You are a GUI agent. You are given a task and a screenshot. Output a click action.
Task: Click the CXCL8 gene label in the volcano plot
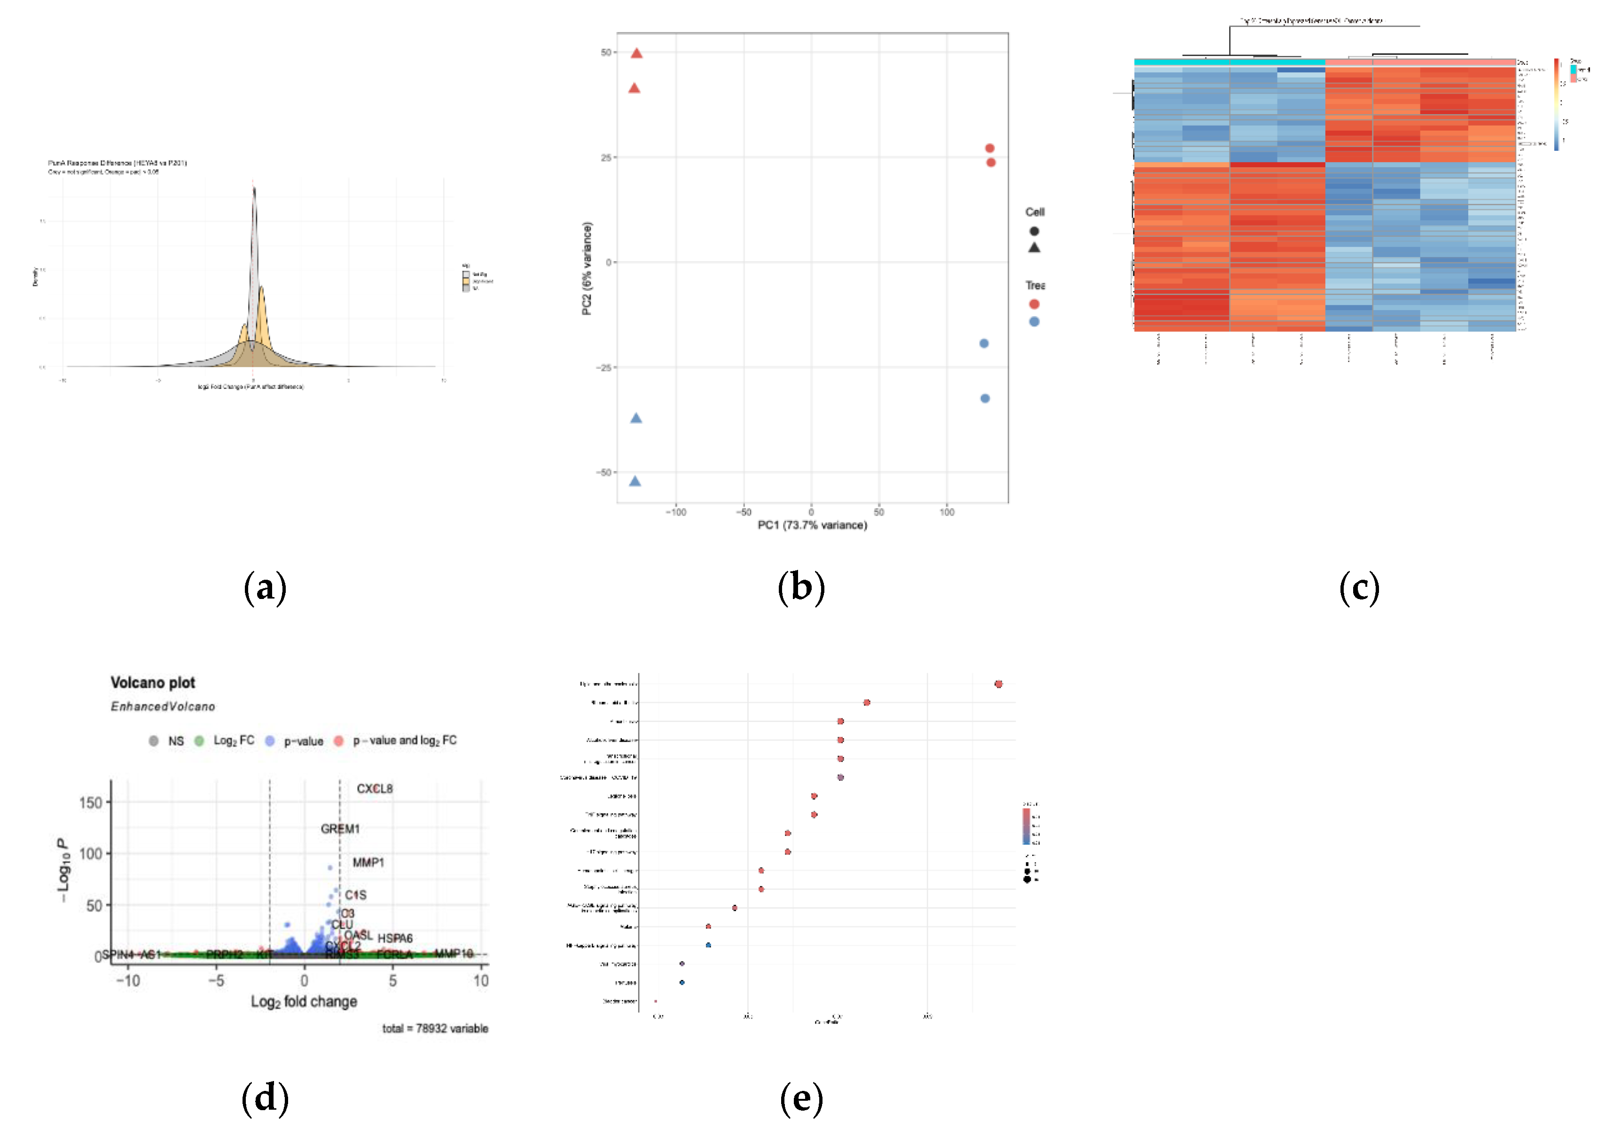tap(375, 788)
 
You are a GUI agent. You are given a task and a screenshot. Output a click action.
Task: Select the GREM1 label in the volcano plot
tap(340, 829)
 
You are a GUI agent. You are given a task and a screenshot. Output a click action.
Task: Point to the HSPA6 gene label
tap(395, 938)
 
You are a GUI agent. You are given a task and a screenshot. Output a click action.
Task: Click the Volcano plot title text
tap(153, 683)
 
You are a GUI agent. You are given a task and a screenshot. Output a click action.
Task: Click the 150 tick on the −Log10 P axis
tap(90, 802)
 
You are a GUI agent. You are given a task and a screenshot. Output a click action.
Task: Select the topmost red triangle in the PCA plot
tap(636, 53)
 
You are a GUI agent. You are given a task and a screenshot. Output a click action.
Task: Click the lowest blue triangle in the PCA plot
tap(635, 481)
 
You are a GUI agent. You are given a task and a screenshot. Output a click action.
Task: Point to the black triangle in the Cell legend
tap(1034, 248)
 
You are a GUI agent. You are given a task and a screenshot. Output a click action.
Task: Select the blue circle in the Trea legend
tap(1034, 322)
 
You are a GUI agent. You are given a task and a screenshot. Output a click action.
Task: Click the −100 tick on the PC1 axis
tap(675, 512)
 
